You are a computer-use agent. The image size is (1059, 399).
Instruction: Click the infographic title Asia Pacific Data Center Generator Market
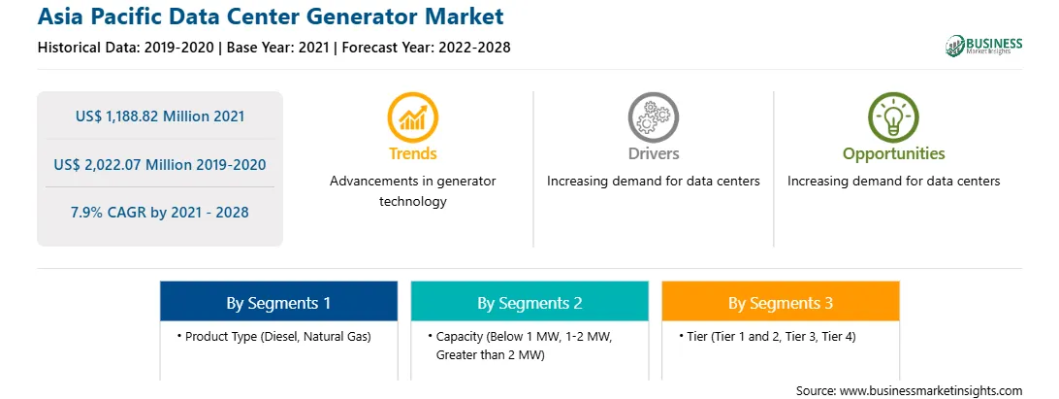271,16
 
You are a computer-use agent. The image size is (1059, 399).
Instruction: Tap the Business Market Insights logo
983,46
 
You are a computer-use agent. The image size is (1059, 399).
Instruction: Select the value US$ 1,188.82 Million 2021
160,116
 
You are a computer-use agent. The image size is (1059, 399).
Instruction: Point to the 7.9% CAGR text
160,213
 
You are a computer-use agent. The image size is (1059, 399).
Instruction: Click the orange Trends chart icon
413,117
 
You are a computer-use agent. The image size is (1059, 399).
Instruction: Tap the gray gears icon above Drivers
653,117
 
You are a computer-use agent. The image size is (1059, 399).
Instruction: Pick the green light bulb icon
893,117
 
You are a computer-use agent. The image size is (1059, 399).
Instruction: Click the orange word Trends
413,153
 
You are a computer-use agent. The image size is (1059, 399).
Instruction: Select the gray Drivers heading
653,153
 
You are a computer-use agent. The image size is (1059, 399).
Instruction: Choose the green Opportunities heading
893,153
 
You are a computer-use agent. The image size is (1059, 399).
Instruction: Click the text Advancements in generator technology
413,191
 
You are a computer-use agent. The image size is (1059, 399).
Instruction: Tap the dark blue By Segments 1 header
278,301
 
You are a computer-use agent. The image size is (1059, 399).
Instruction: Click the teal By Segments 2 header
529,301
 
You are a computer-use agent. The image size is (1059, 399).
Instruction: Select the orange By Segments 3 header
780,301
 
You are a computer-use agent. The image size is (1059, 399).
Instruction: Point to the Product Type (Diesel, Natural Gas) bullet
274,336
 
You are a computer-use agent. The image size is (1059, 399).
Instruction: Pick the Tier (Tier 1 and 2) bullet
767,336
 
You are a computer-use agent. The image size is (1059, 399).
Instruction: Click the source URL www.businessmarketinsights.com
931,390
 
